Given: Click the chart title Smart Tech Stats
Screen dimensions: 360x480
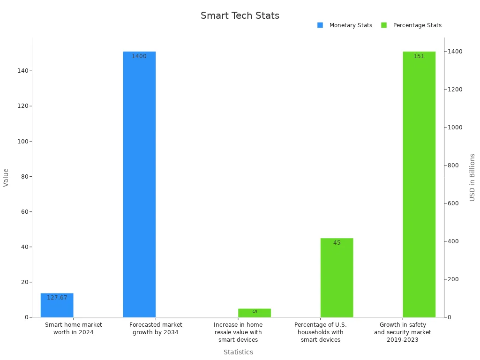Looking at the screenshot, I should pos(240,15).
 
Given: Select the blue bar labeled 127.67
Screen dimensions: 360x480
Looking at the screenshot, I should pos(57,305).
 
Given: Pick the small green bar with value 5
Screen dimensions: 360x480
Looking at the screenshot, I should pos(254,313).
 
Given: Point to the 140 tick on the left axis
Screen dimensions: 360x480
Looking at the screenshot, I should pos(22,71).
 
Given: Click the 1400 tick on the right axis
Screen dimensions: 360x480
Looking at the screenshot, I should pos(455,52).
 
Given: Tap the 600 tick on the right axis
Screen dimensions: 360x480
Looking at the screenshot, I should pos(453,203).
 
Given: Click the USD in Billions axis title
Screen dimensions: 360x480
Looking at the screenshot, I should pos(472,177).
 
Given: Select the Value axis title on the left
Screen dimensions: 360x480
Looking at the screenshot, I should pos(6,177).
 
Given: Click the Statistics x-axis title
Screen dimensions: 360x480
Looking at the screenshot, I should pos(238,352).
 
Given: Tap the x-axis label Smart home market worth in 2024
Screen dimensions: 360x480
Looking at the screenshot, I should pos(74,329).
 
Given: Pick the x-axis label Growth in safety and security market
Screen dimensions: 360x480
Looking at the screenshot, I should pos(402,332).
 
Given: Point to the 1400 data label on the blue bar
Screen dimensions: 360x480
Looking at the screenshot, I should pos(139,56).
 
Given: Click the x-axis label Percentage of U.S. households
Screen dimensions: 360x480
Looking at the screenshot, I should pos(321,332).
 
